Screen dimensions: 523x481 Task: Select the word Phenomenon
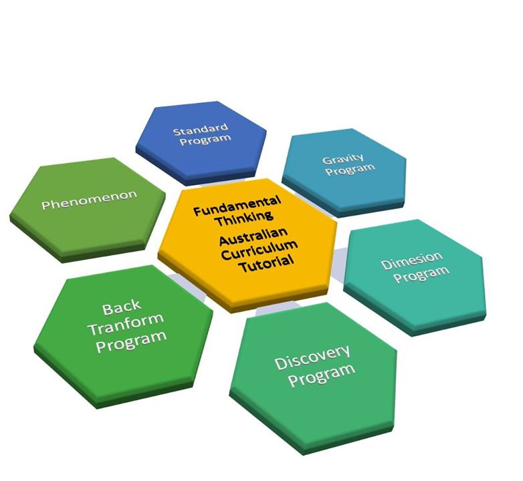pyautogui.click(x=89, y=199)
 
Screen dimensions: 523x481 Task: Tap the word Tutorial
pyautogui.click(x=266, y=263)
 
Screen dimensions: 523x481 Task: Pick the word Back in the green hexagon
pyautogui.click(x=122, y=308)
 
